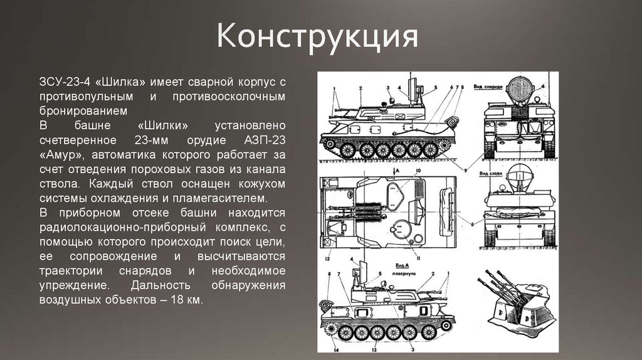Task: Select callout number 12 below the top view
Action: pos(327,258)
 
